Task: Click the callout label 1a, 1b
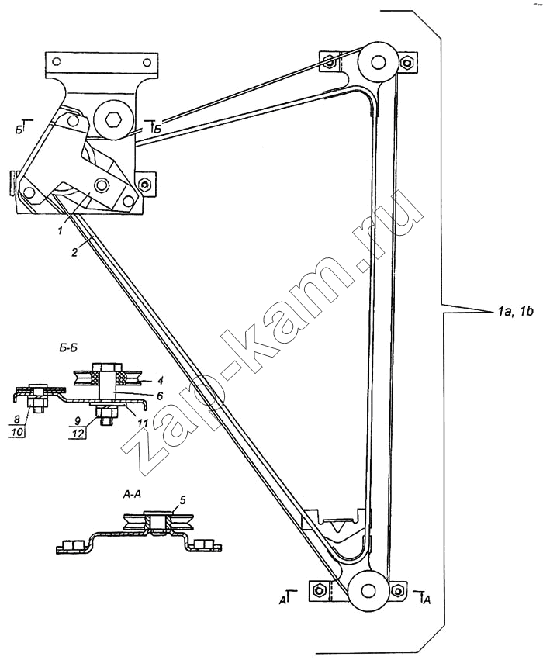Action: (x=514, y=313)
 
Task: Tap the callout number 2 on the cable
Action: (x=74, y=253)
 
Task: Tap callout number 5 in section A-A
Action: (x=182, y=499)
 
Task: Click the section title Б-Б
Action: (x=67, y=347)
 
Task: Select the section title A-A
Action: (x=132, y=496)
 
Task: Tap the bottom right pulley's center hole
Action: (x=368, y=590)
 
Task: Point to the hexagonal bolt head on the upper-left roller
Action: (x=113, y=120)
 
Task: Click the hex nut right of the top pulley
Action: (x=407, y=63)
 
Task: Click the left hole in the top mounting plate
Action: (x=55, y=63)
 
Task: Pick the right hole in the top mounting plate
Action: (x=147, y=63)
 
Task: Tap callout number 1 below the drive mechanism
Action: (x=61, y=230)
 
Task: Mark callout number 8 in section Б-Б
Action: (x=17, y=420)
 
